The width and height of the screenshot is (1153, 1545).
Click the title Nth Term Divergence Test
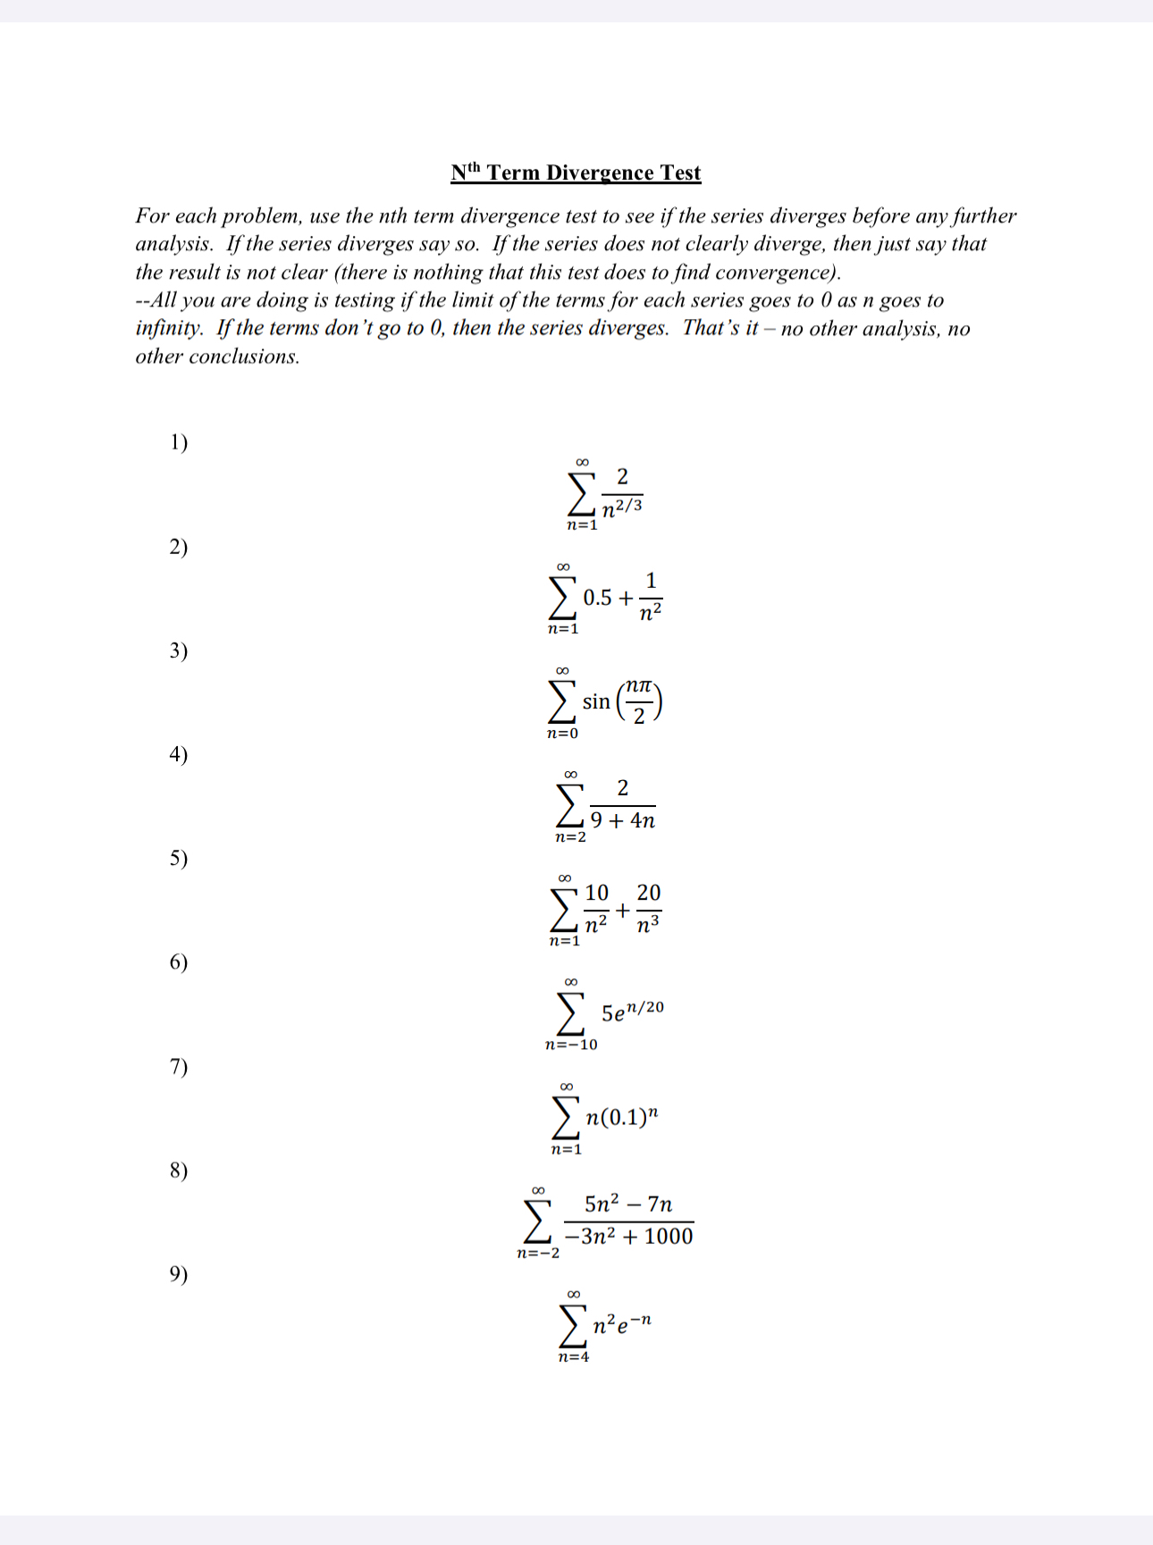coord(576,172)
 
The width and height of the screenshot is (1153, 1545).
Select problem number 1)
coord(179,441)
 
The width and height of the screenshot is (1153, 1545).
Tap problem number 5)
coord(179,858)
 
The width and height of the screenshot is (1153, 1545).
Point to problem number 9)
coord(179,1273)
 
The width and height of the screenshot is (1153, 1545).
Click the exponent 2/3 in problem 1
coord(629,505)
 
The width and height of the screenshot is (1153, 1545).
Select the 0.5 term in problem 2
coord(598,598)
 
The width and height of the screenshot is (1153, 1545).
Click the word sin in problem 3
coord(596,702)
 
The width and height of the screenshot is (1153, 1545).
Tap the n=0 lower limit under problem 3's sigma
coord(562,734)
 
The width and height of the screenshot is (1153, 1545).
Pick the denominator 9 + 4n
coord(623,820)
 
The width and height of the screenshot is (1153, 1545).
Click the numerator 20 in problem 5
coord(649,893)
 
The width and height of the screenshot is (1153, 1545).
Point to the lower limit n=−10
coord(571,1045)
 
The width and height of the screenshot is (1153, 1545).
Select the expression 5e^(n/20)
coord(632,1012)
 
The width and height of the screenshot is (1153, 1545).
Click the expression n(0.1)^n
coord(622,1117)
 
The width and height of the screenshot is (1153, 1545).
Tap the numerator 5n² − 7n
coord(628,1204)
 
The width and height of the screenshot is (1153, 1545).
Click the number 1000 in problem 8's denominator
coord(669,1237)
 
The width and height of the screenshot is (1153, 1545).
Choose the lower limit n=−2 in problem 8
coord(538,1253)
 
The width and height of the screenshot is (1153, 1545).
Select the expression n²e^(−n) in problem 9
coord(622,1322)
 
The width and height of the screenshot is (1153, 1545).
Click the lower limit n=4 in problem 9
coord(573,1357)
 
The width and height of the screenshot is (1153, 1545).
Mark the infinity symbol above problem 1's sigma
coord(582,462)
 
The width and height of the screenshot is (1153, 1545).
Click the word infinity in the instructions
coord(168,328)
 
